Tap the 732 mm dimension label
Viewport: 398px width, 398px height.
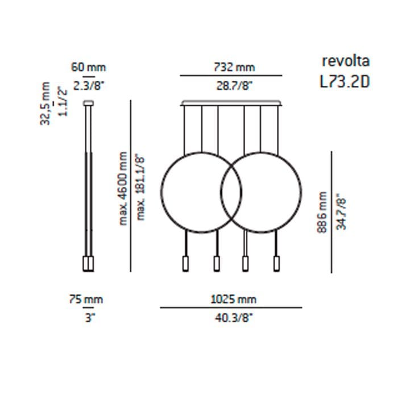(231, 67)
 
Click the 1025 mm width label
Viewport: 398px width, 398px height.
(231, 299)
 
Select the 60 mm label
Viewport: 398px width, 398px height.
(88, 67)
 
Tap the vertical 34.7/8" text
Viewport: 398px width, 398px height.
(341, 210)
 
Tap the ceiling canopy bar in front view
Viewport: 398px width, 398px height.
(231, 103)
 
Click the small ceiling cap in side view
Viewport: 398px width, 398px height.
(88, 103)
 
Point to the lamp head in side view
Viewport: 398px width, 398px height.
(88, 264)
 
